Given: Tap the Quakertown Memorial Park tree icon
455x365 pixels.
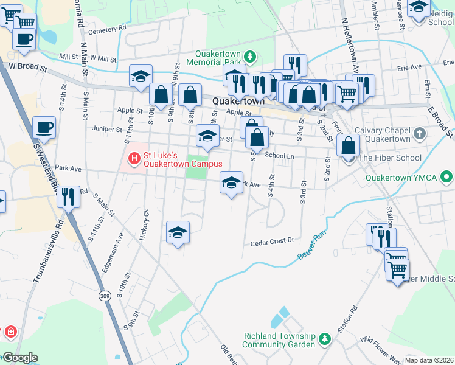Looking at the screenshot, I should click(x=249, y=57).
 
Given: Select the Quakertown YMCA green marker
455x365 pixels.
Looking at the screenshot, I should click(x=447, y=178).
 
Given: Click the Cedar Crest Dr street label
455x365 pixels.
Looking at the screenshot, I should click(x=272, y=242).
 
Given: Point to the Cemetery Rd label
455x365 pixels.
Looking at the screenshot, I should click(x=107, y=28).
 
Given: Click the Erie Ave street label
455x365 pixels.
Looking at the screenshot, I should click(x=409, y=68).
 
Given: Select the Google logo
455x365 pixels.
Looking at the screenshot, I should click(x=19, y=358).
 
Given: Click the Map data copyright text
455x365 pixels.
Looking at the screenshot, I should click(x=429, y=360).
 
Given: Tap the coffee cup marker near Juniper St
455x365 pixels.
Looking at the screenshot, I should click(x=44, y=128).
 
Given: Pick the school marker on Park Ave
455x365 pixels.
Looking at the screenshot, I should click(x=231, y=183).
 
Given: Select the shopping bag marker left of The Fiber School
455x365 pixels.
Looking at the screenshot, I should click(x=349, y=147).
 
